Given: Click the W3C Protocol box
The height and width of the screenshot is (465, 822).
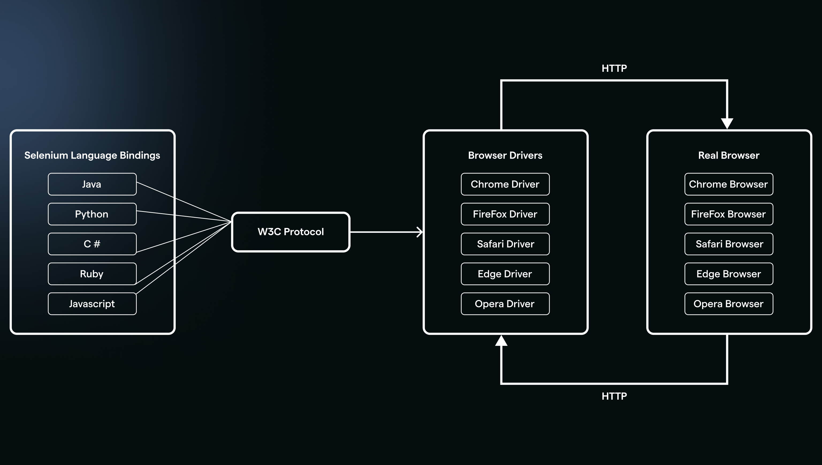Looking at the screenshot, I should [x=291, y=232].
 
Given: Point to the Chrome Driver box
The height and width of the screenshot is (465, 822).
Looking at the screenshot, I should [x=505, y=184].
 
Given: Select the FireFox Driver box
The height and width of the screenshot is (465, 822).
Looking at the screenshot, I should [x=505, y=214].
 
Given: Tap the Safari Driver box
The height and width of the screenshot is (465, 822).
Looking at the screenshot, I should [x=505, y=244].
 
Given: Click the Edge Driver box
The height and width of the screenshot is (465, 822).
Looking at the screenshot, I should [x=505, y=274].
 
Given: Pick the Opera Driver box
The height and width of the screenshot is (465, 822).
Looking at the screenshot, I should [x=505, y=304].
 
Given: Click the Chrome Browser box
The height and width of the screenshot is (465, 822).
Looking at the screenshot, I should [x=729, y=184].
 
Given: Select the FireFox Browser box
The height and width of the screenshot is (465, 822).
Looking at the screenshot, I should [x=729, y=214].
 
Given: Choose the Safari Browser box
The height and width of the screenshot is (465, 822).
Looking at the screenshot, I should [x=729, y=244].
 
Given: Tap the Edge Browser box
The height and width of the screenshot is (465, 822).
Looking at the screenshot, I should [x=729, y=274].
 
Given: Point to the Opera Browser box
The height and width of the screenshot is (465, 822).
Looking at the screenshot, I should [x=729, y=304].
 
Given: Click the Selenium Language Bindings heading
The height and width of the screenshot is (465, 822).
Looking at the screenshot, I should [x=92, y=155].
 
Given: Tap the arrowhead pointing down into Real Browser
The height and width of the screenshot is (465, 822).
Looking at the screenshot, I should [x=727, y=123].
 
